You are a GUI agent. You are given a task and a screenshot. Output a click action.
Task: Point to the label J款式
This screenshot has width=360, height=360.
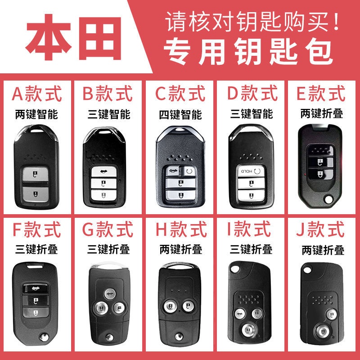(x=321, y=230)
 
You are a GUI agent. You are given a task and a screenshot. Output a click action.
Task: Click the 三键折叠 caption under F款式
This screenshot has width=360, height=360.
(x=37, y=249)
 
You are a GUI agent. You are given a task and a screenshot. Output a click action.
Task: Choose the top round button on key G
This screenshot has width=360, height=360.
(x=108, y=294)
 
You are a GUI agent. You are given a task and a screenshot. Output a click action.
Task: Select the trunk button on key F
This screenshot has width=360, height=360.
(x=37, y=287)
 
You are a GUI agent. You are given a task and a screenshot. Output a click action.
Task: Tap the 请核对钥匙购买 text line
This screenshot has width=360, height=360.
(x=252, y=21)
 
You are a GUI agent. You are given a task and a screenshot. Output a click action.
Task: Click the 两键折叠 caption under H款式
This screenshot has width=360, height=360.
(x=179, y=249)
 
